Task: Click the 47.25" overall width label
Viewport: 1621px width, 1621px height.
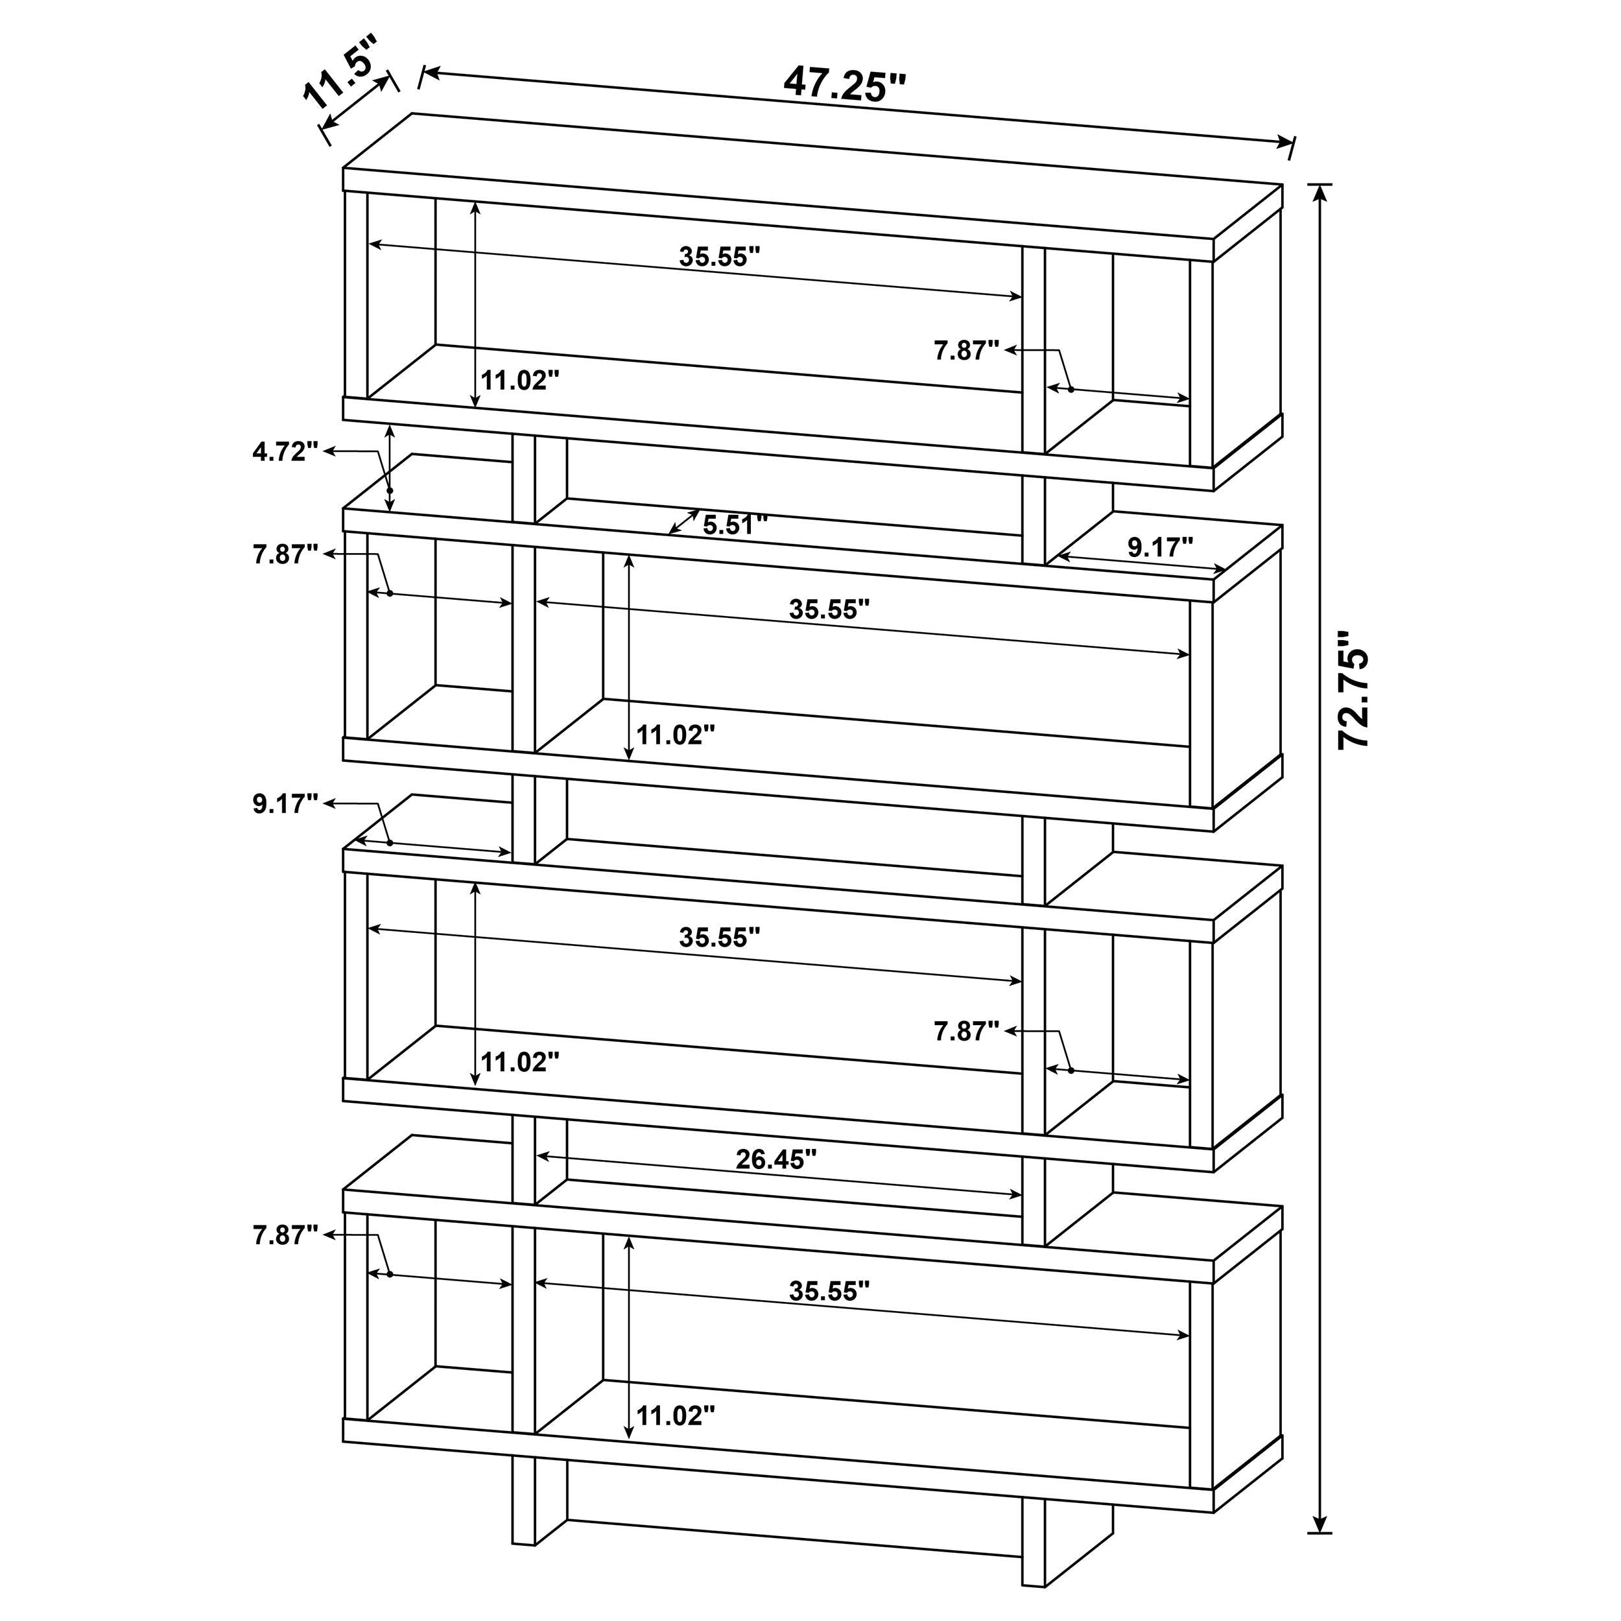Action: click(x=845, y=84)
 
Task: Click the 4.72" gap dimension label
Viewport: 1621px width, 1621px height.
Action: click(x=285, y=452)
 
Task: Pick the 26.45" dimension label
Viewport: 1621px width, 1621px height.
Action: click(x=776, y=1159)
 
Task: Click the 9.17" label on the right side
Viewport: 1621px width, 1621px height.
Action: click(x=1159, y=548)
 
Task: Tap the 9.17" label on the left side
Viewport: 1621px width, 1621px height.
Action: click(x=285, y=804)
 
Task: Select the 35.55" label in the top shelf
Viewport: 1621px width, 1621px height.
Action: click(x=719, y=257)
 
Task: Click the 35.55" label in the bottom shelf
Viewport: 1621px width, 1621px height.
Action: click(x=829, y=1291)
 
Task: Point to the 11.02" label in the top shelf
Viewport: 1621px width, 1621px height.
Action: click(x=519, y=381)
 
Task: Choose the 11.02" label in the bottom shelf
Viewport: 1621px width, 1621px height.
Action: click(x=676, y=1416)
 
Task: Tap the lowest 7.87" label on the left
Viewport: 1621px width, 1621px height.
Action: click(x=285, y=1235)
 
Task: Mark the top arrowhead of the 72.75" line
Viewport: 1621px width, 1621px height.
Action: click(x=1321, y=191)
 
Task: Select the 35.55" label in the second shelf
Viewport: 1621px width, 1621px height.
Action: click(x=829, y=610)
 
